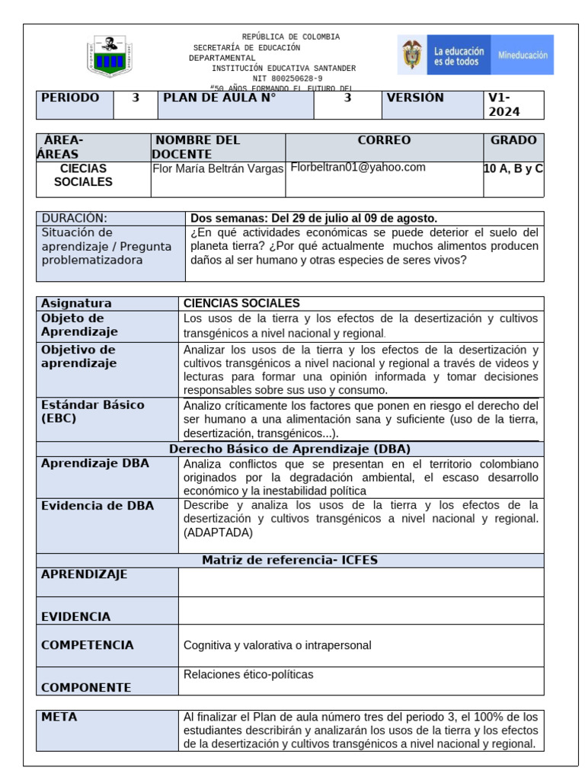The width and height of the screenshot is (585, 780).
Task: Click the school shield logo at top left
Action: [110, 56]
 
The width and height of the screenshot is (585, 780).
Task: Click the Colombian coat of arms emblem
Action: [412, 55]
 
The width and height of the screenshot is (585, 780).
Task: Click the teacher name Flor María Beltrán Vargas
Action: [218, 168]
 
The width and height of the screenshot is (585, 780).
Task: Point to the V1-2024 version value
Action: [504, 105]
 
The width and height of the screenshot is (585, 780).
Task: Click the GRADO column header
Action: [513, 140]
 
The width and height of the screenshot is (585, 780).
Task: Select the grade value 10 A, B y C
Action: [513, 168]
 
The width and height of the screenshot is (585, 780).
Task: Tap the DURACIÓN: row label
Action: [75, 218]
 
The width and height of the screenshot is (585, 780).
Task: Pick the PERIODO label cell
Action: [70, 98]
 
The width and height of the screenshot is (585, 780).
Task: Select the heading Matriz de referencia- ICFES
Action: [289, 560]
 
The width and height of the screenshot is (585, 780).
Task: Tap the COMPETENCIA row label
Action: [88, 645]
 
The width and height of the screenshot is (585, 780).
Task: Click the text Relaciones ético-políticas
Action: [248, 674]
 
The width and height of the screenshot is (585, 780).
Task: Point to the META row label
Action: [59, 718]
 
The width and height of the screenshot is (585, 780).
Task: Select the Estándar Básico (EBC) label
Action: [92, 411]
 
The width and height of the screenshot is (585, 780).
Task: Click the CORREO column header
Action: [384, 140]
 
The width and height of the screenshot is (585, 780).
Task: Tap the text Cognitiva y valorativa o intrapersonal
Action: [277, 645]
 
